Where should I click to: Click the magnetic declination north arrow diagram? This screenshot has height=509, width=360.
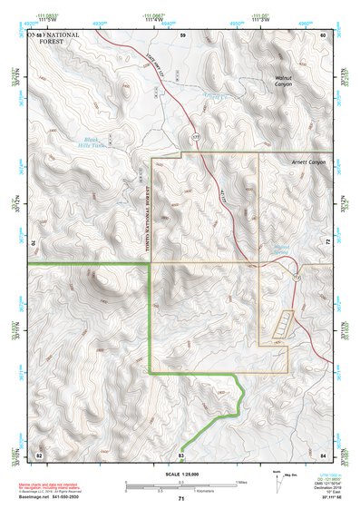tap(276, 482)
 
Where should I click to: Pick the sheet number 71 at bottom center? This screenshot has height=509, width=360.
tap(181, 499)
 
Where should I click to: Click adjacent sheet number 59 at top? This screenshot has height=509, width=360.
tap(182, 34)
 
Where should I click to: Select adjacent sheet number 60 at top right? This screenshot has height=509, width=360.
tap(322, 34)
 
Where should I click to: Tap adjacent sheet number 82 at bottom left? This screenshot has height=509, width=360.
tap(39, 454)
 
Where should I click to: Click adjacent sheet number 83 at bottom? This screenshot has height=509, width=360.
tap(181, 454)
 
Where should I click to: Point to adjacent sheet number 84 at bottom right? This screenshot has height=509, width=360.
tap(323, 454)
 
